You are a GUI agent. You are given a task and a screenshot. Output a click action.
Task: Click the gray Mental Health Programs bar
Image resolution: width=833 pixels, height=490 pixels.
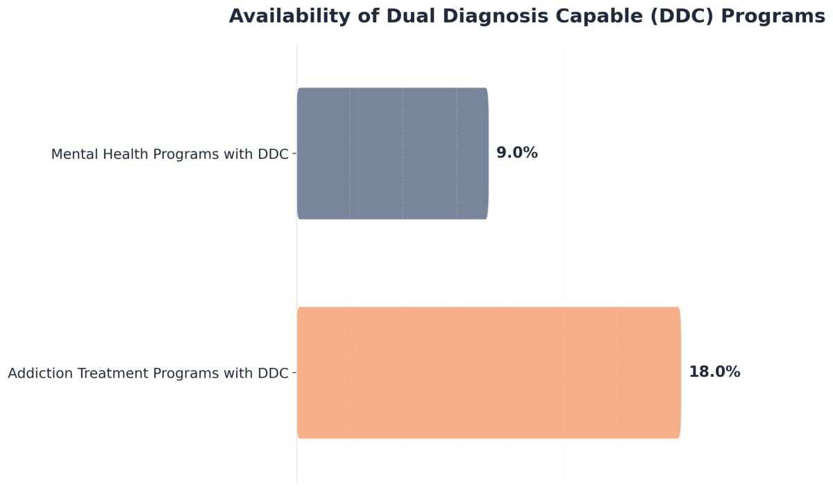click(x=392, y=153)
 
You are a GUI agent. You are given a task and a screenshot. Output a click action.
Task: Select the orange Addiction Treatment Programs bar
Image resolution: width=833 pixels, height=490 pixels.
click(x=488, y=373)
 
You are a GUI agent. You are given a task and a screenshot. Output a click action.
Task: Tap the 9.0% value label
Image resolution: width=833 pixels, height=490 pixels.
click(x=516, y=153)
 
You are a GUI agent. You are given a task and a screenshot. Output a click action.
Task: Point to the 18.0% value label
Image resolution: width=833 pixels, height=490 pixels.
click(x=714, y=372)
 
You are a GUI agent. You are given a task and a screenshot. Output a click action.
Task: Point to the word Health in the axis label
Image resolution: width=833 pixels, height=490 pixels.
click(x=124, y=154)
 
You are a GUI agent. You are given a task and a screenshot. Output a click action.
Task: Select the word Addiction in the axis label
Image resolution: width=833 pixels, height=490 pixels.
click(x=37, y=373)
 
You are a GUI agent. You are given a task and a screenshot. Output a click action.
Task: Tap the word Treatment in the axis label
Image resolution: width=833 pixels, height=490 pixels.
click(x=108, y=373)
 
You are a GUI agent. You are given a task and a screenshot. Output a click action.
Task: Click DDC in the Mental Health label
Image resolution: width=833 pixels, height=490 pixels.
click(x=273, y=154)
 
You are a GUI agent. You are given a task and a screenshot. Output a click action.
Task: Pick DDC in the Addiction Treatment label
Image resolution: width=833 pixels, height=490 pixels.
click(x=273, y=373)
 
